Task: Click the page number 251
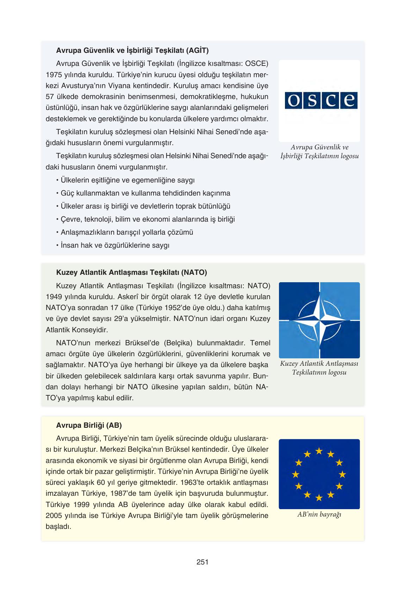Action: (x=203, y=562)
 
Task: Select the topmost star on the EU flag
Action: (x=319, y=451)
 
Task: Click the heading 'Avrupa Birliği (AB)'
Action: (x=89, y=425)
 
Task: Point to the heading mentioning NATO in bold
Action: (x=131, y=272)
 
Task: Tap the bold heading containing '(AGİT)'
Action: (x=132, y=50)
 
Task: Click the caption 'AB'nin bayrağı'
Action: (x=319, y=514)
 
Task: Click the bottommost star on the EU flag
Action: (x=319, y=498)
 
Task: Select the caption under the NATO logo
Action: (x=319, y=368)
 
